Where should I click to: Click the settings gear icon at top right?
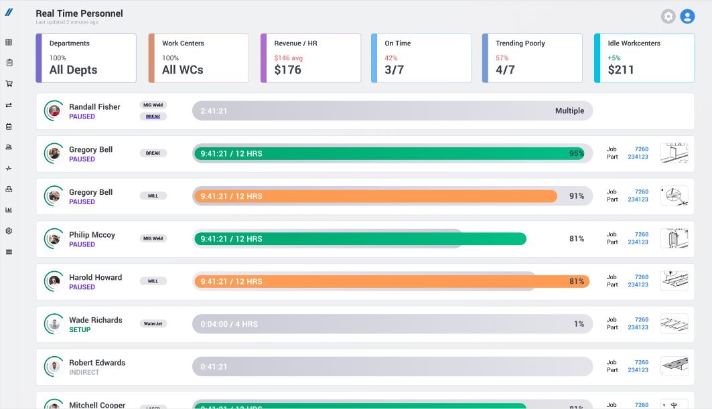tap(668, 17)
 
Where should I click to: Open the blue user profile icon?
tap(687, 17)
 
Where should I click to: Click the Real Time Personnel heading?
tap(79, 13)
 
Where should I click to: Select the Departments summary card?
tap(86, 58)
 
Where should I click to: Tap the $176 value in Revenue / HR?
tap(287, 70)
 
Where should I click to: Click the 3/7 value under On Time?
tap(394, 70)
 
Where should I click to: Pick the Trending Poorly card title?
tap(520, 44)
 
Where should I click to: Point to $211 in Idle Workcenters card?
tap(621, 70)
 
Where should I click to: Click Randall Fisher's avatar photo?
tap(54, 111)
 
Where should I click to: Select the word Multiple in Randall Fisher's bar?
tap(569, 111)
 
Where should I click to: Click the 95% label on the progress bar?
tap(576, 153)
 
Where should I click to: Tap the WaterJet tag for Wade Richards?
tap(153, 323)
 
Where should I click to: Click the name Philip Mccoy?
tap(92, 235)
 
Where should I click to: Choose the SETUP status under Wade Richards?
tap(80, 330)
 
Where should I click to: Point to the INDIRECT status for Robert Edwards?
tap(84, 372)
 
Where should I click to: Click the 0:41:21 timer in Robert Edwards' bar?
tap(214, 367)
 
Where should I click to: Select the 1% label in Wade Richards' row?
tap(579, 324)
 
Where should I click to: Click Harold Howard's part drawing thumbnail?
tap(674, 281)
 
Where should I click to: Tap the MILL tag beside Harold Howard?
tap(153, 281)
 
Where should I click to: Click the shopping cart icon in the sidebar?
tap(9, 84)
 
